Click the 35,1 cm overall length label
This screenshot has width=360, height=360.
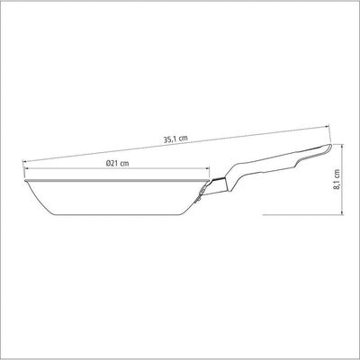[175, 139]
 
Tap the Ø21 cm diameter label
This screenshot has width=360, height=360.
[118, 164]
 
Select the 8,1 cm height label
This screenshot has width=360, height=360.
[337, 179]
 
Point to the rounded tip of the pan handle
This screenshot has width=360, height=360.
[329, 147]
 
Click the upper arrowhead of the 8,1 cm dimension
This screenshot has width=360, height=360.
[343, 146]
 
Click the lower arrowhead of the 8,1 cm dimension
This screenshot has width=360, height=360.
[343, 212]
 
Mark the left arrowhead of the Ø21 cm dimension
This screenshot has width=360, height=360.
[27, 168]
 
